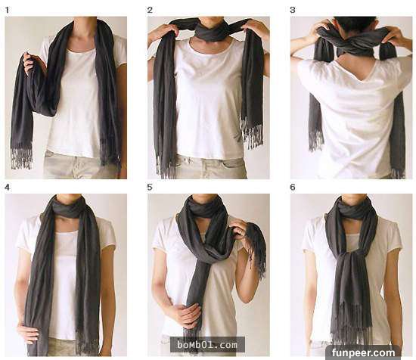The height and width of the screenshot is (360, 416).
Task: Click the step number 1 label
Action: coord(7,10)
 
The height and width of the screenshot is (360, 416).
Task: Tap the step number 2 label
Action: coord(150,10)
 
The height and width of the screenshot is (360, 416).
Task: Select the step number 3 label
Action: coord(293,10)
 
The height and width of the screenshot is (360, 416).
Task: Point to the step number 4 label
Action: coord(7,188)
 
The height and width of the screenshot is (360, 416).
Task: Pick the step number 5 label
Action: coord(150,188)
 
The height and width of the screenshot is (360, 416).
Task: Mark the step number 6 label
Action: coord(293,188)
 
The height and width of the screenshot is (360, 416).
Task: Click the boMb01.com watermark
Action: coord(207,345)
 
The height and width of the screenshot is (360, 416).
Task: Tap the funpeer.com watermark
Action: coord(363,353)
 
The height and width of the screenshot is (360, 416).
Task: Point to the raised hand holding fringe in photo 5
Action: coord(239,230)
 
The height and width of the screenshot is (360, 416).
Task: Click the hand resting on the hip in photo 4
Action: coord(28,332)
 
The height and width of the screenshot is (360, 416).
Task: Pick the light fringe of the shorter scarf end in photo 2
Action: coord(252,132)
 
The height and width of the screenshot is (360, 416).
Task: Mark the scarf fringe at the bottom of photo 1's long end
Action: coord(21,159)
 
